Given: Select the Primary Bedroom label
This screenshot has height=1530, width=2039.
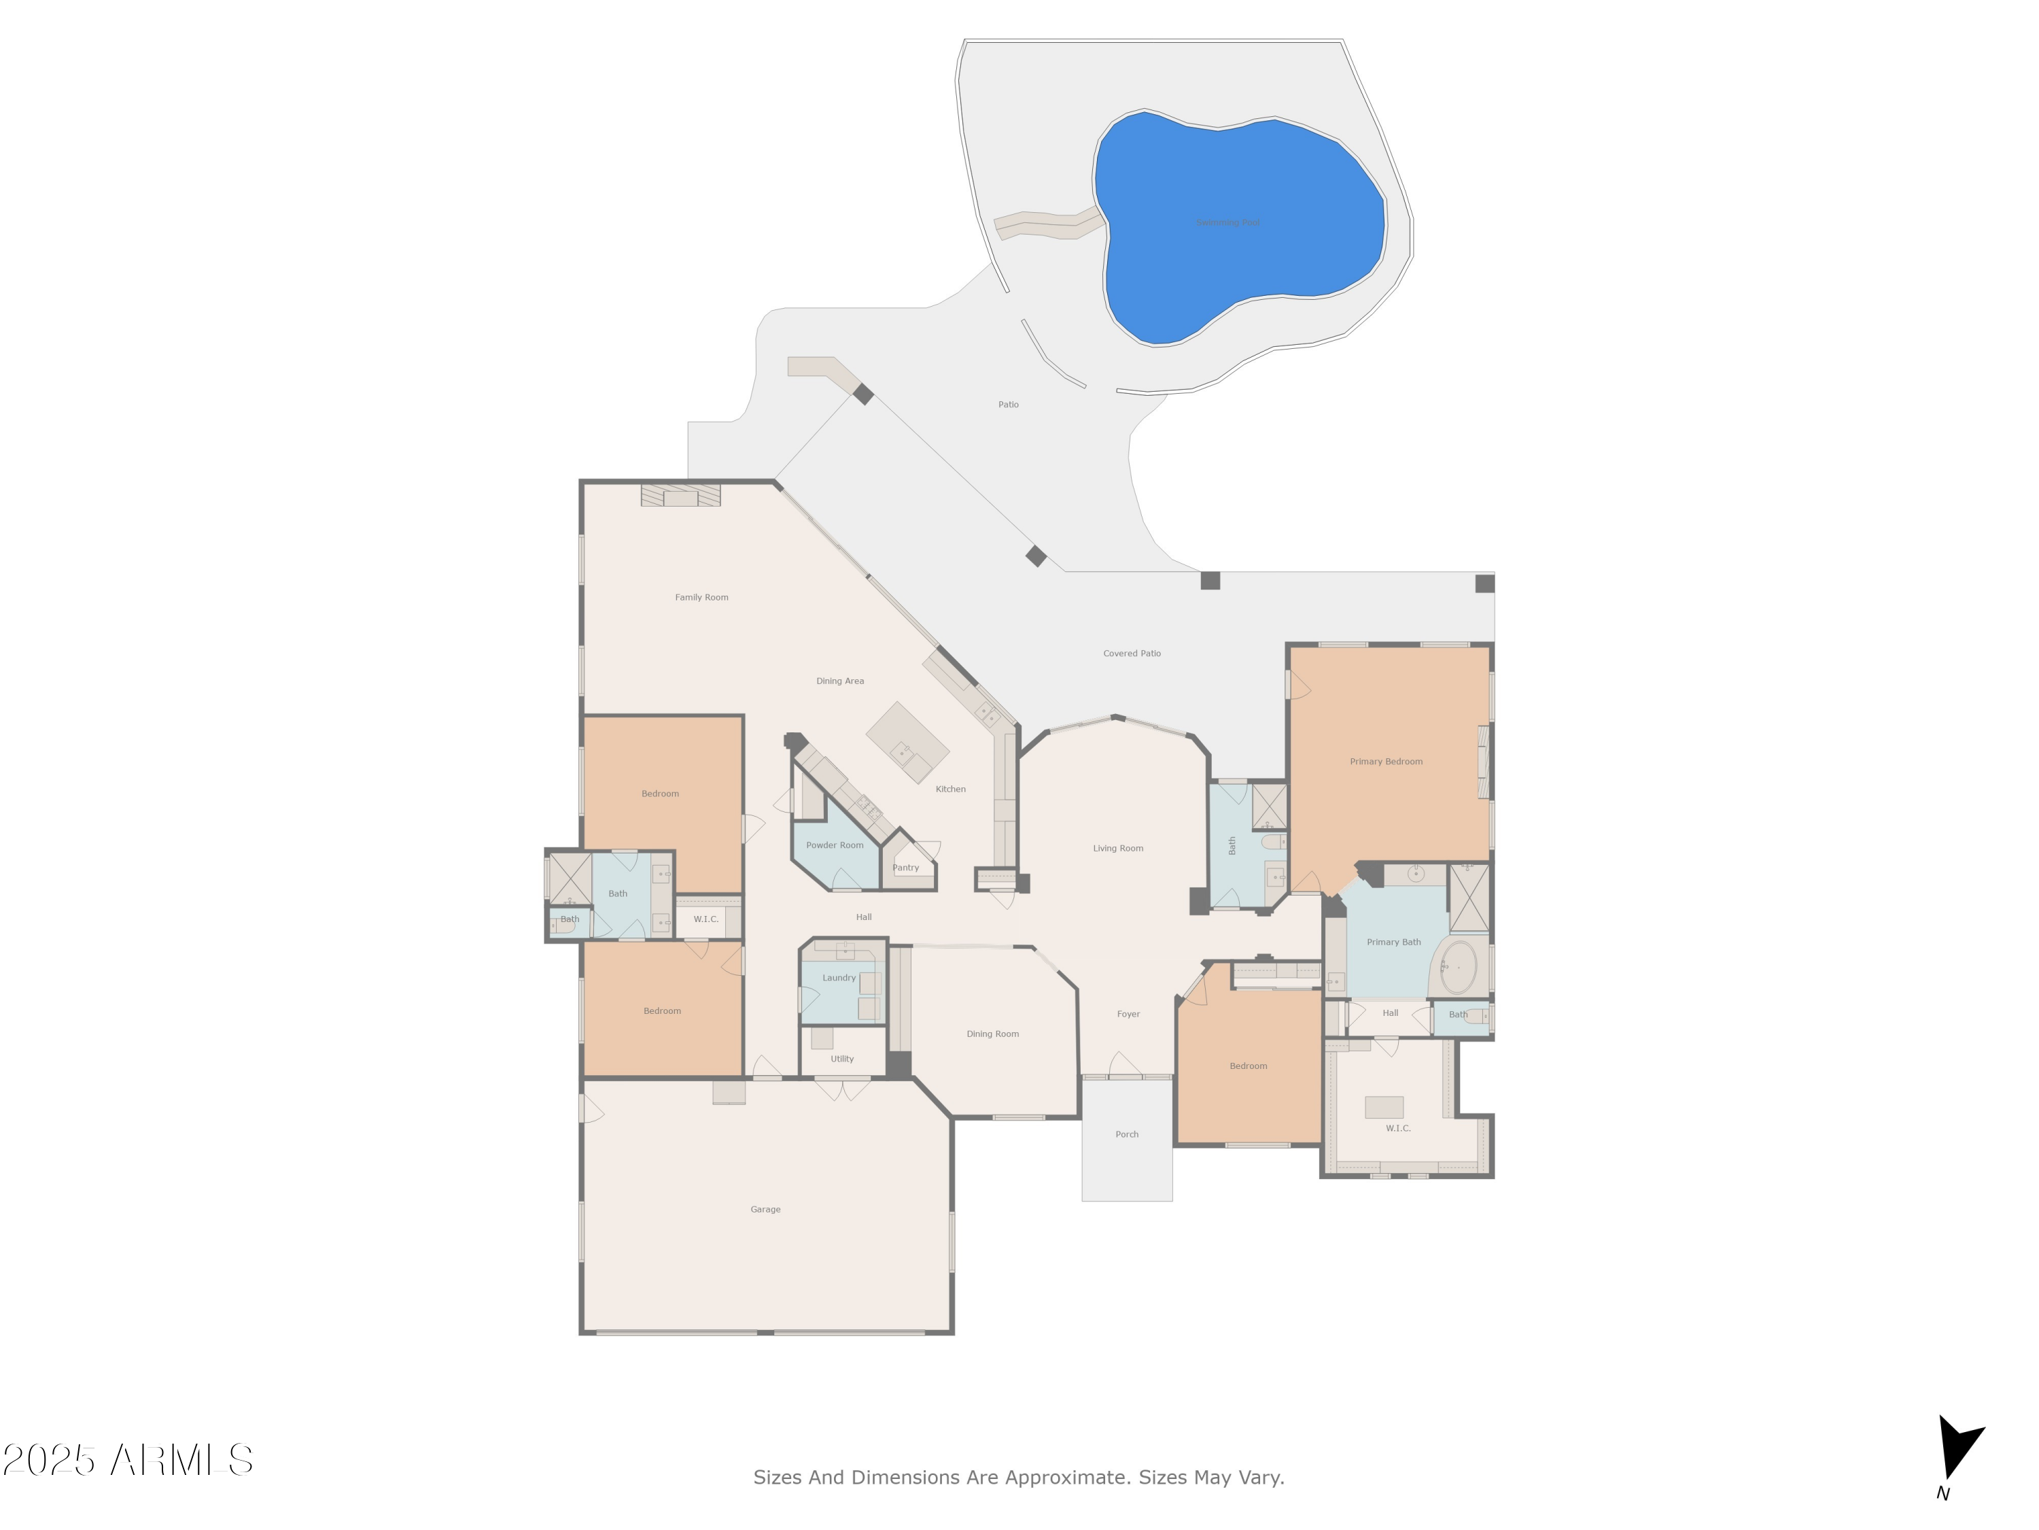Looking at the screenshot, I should click(1385, 762).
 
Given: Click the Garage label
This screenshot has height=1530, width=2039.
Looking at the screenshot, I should click(765, 1209).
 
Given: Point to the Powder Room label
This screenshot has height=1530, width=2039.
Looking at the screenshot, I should click(834, 845).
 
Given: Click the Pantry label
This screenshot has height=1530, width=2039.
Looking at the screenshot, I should click(905, 868).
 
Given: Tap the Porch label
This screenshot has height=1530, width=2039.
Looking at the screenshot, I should click(1126, 1134).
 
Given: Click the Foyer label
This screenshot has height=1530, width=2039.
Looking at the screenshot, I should click(1128, 1014).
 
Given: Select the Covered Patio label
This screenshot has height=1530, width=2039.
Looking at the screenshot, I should click(1132, 653).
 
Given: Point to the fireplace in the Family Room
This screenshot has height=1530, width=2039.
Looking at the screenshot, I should click(680, 496).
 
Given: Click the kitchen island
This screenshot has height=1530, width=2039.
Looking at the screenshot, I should click(907, 743).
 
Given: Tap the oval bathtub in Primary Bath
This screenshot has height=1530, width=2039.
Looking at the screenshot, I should click(1459, 966).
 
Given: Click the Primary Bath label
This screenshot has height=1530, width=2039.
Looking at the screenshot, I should click(1393, 942).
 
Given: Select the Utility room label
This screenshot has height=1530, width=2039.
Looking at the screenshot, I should click(841, 1059).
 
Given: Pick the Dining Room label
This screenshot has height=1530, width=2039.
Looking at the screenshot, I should click(992, 1034).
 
